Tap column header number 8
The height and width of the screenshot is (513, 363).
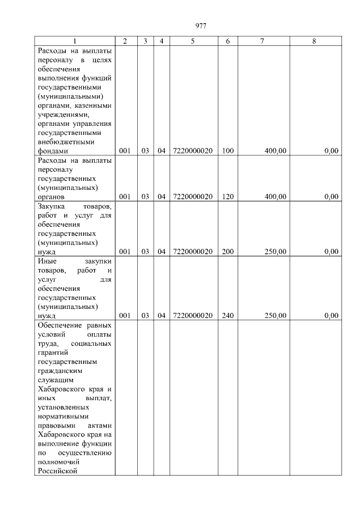pos(314,41)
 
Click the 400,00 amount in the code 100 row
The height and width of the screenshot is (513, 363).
pos(275,151)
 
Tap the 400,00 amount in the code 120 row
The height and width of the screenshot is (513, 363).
pos(275,197)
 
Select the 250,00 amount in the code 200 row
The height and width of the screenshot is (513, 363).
pos(275,252)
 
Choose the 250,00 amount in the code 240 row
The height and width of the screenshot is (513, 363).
pos(275,316)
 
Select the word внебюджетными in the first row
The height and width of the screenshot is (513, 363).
pos(65,142)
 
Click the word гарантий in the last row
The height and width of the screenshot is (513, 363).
pos(54,353)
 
